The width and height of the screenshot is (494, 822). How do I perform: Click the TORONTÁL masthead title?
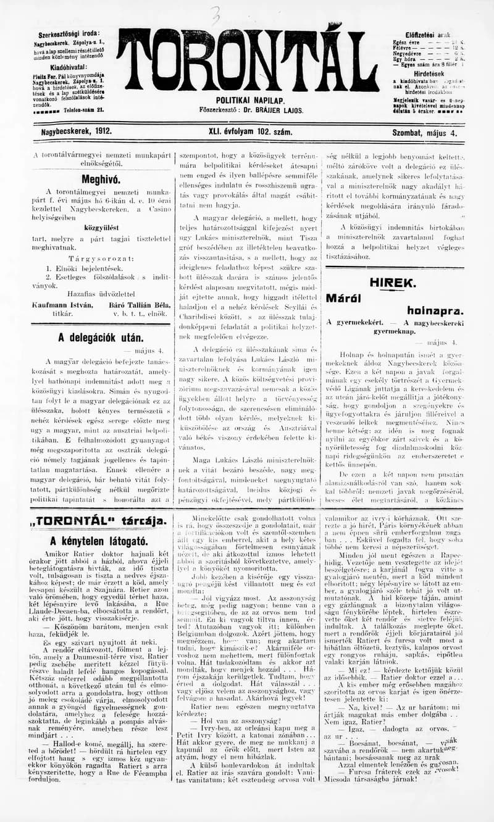(247, 60)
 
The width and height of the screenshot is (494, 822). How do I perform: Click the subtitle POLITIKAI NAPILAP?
(249, 100)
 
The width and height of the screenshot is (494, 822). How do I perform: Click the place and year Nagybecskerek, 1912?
(73, 132)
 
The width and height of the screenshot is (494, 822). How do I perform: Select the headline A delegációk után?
(101, 338)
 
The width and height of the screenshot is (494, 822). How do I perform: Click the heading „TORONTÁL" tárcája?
(99, 521)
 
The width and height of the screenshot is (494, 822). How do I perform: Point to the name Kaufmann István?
(62, 304)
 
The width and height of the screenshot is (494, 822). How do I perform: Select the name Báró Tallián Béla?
(139, 304)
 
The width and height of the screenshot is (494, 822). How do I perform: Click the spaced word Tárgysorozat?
(101, 259)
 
